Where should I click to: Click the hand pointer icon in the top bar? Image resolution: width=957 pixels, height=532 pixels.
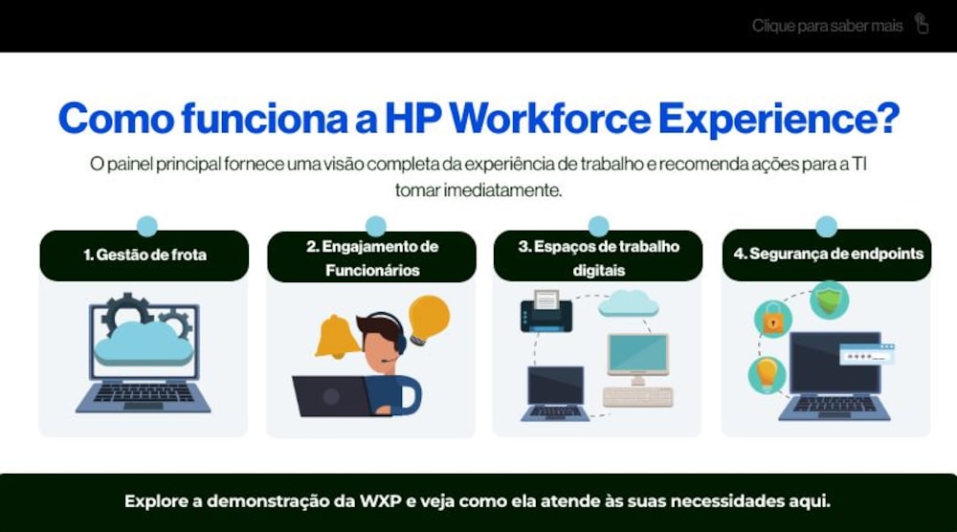point(922,24)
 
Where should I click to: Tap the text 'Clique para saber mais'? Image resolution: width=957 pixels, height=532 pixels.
point(827,26)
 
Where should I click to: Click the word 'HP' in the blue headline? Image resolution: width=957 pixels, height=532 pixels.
point(413,118)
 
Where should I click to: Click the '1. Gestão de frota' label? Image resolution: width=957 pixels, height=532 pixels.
point(145,255)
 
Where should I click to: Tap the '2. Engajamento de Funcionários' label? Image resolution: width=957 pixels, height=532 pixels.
point(372,258)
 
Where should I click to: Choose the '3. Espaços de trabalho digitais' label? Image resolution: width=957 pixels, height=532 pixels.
point(599,258)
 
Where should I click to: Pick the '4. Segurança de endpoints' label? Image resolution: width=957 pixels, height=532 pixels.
point(828,254)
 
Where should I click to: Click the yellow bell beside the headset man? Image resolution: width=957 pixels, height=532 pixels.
point(337,336)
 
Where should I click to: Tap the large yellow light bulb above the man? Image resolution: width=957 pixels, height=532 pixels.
point(429,320)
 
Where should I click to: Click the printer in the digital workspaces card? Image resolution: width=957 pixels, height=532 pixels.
point(546,311)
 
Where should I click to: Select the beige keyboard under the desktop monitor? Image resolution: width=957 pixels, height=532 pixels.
point(637,396)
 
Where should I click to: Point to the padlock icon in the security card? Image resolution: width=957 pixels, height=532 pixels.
point(772,319)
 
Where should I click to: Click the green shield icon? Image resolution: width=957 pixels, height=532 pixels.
point(829,299)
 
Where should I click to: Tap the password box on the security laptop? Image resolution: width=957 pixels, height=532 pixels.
point(867,354)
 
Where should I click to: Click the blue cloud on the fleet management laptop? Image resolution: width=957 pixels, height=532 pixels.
point(144,344)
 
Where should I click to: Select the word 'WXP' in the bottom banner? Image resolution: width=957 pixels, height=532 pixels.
point(380,501)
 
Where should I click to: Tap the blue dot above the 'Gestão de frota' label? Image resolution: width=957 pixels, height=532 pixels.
point(147,226)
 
